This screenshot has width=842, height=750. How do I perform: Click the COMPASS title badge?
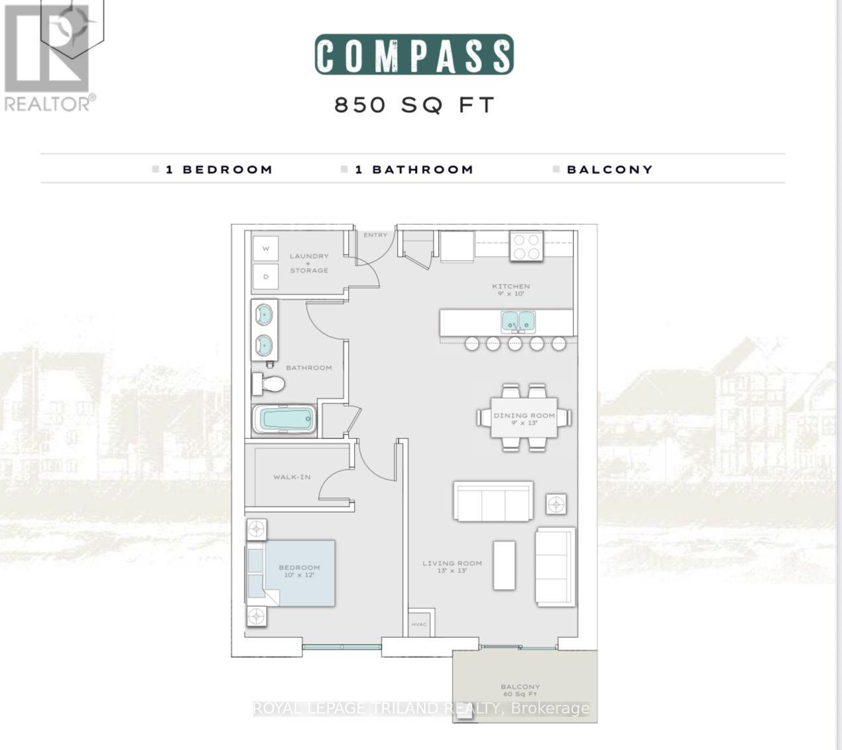(x=414, y=54)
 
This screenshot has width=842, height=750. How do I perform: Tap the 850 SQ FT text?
(x=414, y=105)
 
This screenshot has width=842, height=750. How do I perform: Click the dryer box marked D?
(x=266, y=277)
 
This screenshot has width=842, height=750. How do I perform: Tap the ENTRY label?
(x=375, y=235)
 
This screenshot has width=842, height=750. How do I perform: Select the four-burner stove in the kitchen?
(x=526, y=247)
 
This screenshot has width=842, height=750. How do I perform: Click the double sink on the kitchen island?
(x=518, y=322)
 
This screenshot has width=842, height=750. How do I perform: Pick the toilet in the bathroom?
(x=269, y=383)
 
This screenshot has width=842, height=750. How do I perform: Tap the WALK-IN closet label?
(x=292, y=477)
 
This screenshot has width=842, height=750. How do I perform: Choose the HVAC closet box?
(x=419, y=623)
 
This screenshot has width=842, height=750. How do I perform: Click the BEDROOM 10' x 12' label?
(x=299, y=571)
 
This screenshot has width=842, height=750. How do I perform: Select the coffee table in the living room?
(x=504, y=565)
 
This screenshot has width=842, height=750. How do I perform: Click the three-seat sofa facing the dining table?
(x=493, y=501)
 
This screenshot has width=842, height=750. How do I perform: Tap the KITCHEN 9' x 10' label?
(x=511, y=290)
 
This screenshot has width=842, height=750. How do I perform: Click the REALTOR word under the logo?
(x=46, y=103)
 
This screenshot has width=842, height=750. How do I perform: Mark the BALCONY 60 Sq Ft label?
(x=520, y=690)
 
